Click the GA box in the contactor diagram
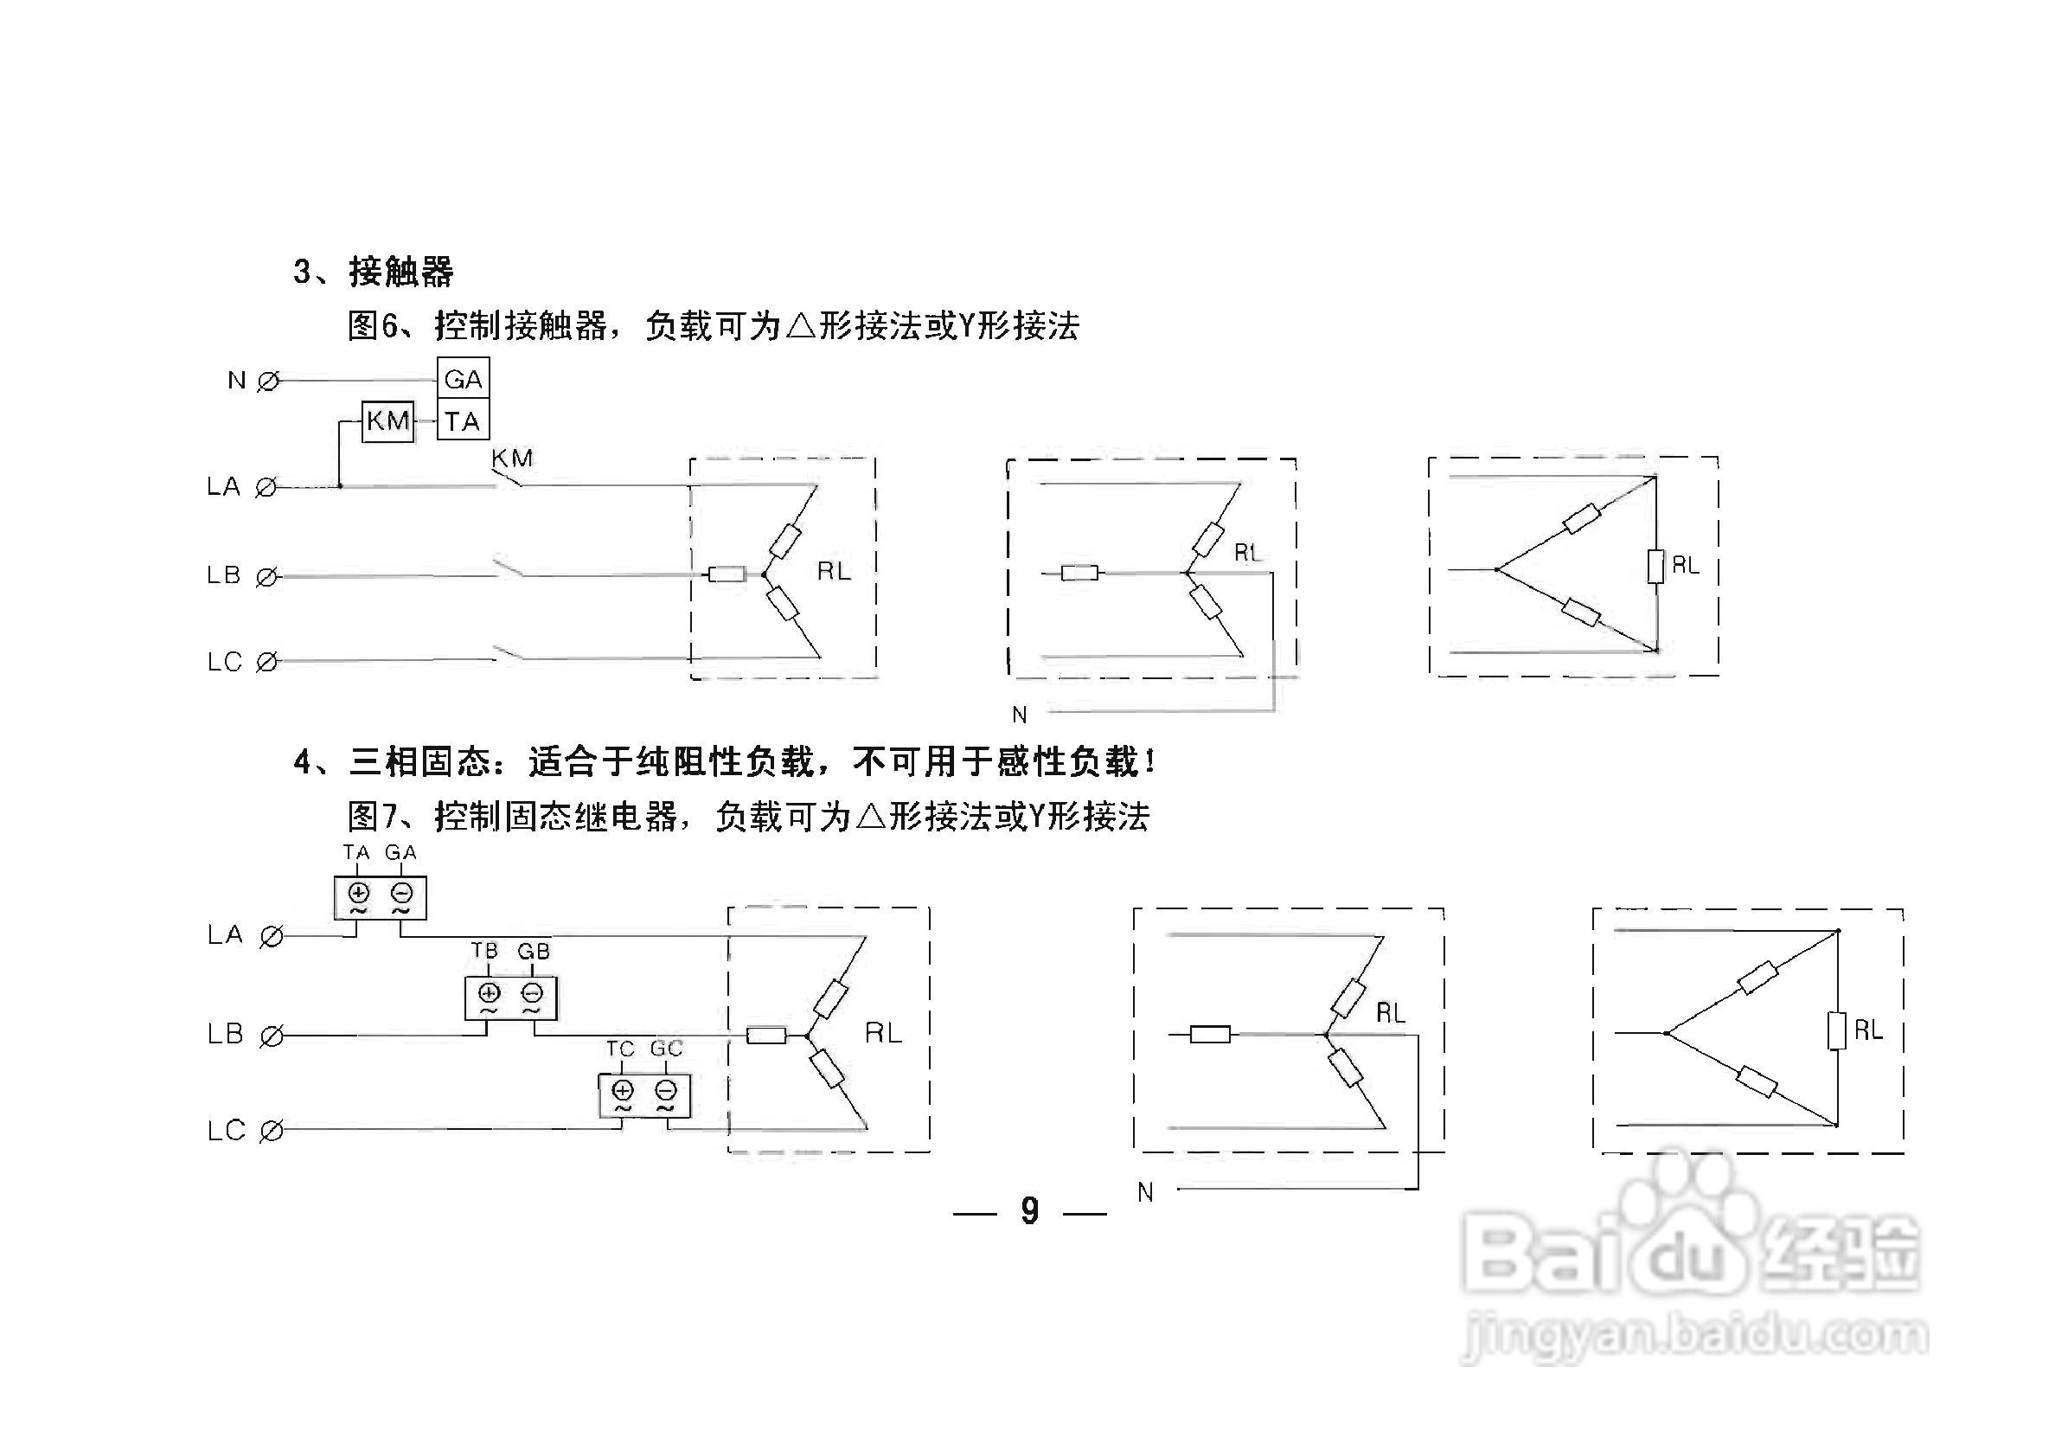[463, 380]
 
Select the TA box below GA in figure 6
[463, 420]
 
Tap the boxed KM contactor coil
[387, 420]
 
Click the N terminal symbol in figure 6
[267, 382]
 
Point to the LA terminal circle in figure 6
[266, 488]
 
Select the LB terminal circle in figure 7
[272, 1036]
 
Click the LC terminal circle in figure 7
[272, 1132]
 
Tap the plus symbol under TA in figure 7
[358, 892]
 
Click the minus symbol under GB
[533, 992]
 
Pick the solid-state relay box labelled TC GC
[644, 1094]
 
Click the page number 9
[1030, 1211]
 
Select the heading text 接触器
[401, 271]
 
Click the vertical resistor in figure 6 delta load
[1655, 566]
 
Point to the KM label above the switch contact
[512, 459]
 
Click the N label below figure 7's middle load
[1145, 1192]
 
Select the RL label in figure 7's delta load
[1868, 1031]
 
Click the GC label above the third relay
[666, 1048]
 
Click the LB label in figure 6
[224, 574]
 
